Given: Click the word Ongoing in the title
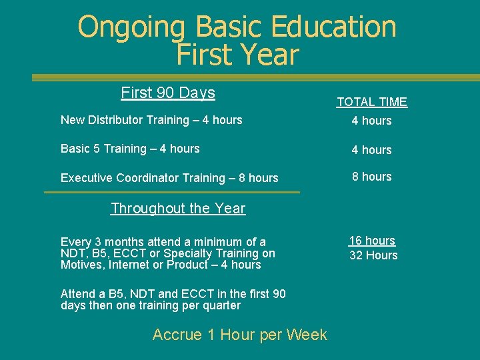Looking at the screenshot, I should pos(131,28).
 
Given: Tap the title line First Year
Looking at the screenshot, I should pos(237,55).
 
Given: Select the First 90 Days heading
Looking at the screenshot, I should pos(168,93).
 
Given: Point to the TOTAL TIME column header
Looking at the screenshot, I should pos(371,102).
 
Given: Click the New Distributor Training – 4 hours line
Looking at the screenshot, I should pos(151,120).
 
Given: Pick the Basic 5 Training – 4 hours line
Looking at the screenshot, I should pos(130,149).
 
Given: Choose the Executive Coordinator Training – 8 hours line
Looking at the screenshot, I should pos(169,178).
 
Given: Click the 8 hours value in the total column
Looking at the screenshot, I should pos(371,177).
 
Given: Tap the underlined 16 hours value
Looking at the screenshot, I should pos(372,241).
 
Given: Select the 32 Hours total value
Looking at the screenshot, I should pos(373,255).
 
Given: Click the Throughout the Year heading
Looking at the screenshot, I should pos(178,208).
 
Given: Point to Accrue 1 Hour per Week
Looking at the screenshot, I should pos(239,335).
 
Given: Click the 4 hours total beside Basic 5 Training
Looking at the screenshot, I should pos(371,150).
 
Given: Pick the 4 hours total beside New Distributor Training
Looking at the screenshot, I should pos(371,121).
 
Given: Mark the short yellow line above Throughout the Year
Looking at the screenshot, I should pos(172,193).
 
